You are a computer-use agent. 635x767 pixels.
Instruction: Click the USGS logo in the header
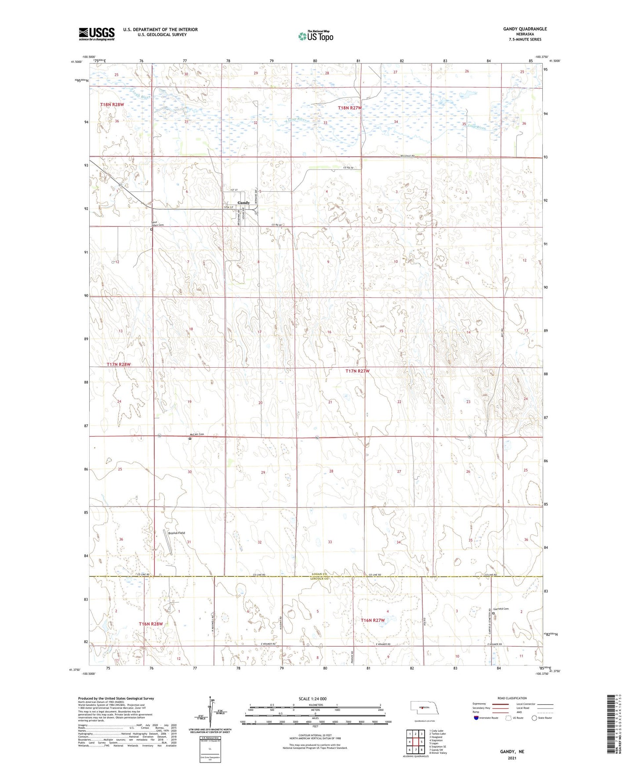[x=97, y=34]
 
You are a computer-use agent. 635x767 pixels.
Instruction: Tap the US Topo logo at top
[x=316, y=36]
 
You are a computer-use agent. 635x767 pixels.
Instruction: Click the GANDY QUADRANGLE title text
[x=525, y=29]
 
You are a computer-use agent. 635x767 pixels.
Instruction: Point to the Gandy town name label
[x=243, y=203]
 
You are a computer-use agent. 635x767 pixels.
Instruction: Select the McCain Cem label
[x=196, y=434]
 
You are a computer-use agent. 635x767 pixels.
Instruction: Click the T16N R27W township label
[x=373, y=620]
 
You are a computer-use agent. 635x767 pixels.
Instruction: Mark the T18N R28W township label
[x=112, y=105]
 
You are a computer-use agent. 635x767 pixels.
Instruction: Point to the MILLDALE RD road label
[x=407, y=156]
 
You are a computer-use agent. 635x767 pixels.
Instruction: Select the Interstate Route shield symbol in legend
[x=477, y=718]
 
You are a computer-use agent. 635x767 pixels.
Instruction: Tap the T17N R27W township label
[x=357, y=371]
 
